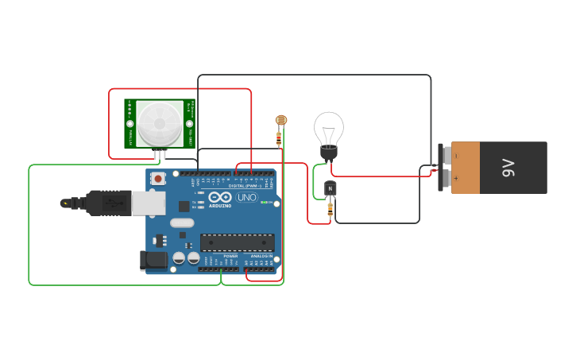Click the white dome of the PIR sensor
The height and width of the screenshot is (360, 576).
point(159,123)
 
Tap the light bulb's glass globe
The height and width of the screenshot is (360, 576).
point(328,127)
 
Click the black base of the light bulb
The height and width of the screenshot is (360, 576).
point(328,153)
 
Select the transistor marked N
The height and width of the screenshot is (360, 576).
point(331,188)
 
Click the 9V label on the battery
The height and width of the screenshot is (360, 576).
point(508,168)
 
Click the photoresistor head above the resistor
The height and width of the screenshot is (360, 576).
point(280,120)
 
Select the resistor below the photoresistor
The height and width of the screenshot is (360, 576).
point(279,138)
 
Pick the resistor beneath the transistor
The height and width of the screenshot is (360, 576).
point(331,209)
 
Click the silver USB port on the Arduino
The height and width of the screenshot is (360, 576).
point(149,203)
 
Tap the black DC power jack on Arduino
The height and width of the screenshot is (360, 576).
point(154,260)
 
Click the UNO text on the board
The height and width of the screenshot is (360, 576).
point(247,196)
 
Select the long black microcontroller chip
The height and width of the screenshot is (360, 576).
point(237,243)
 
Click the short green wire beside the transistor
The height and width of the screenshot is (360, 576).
point(315,176)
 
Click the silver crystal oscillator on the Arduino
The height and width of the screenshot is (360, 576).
point(182,223)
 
